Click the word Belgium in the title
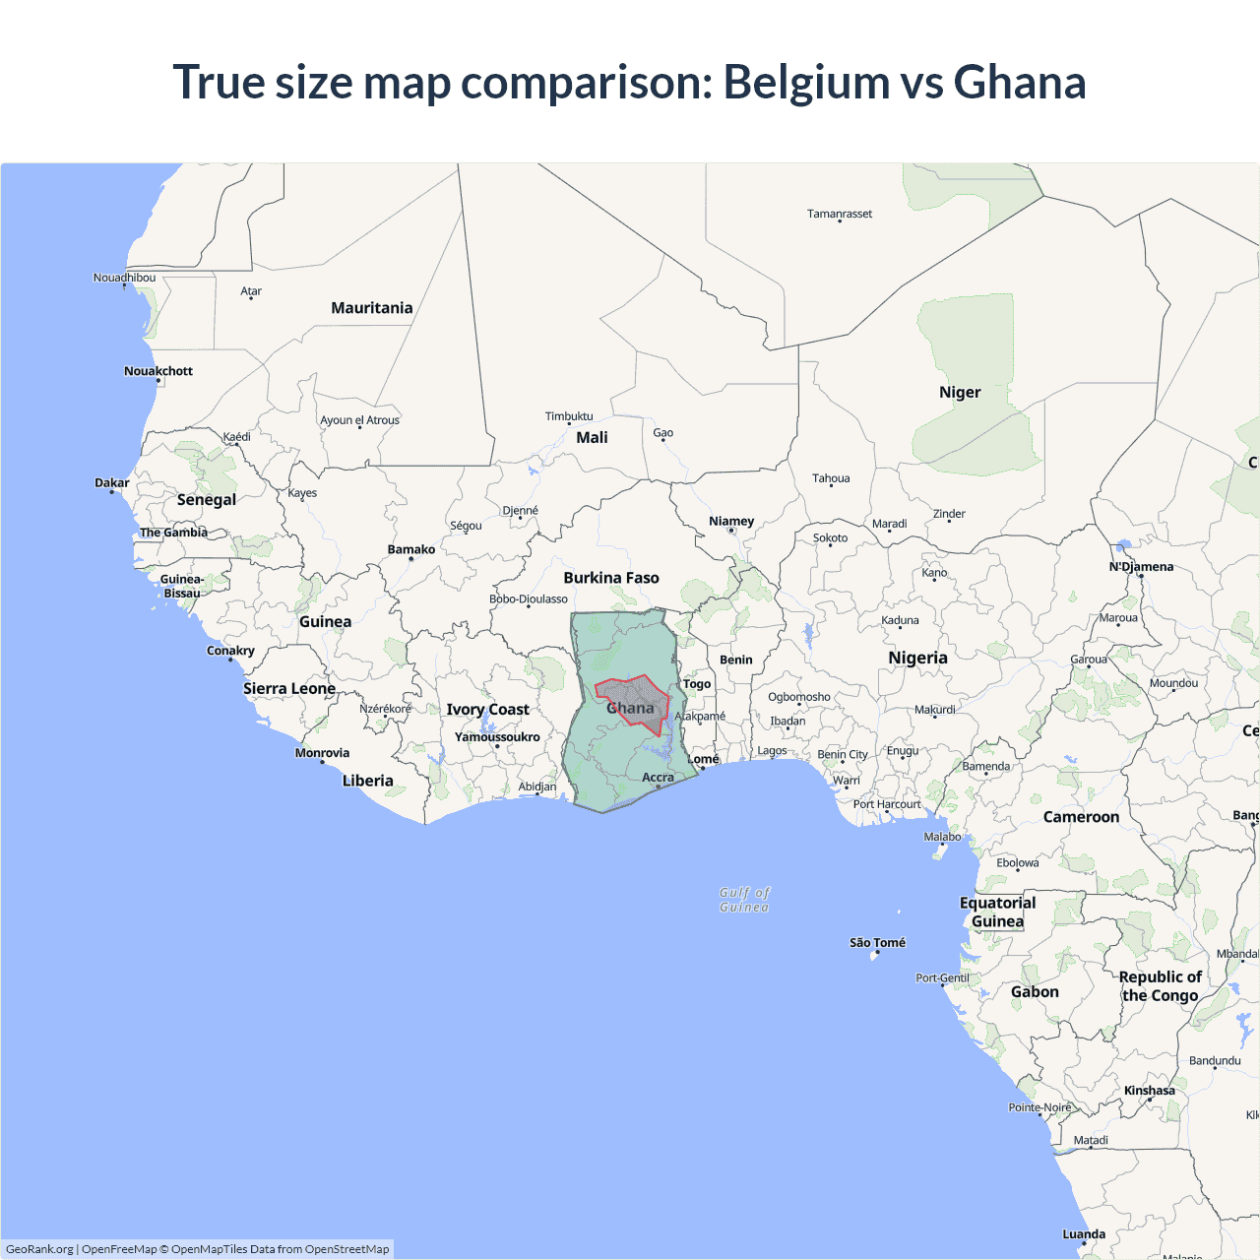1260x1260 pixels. pyautogui.click(x=807, y=82)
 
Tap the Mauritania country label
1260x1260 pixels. pyautogui.click(x=371, y=308)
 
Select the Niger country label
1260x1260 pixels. pyautogui.click(x=960, y=393)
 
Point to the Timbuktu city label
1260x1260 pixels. pyautogui.click(x=569, y=416)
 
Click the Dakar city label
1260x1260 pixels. pyautogui.click(x=112, y=483)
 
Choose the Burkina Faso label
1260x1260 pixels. pyautogui.click(x=611, y=578)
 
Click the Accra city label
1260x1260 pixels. pyautogui.click(x=658, y=778)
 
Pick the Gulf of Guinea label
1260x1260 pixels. pyautogui.click(x=744, y=900)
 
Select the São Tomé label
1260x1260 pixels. pyautogui.click(x=877, y=943)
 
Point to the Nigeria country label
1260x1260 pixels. pyautogui.click(x=917, y=658)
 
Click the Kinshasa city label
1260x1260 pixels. pyautogui.click(x=1149, y=1091)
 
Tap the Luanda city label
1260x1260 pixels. pyautogui.click(x=1084, y=1234)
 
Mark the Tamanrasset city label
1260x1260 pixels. pyautogui.click(x=840, y=214)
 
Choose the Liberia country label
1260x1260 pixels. pyautogui.click(x=367, y=781)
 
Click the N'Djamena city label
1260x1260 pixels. pyautogui.click(x=1141, y=567)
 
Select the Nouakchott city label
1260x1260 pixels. pyautogui.click(x=158, y=371)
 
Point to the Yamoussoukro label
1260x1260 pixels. pyautogui.click(x=497, y=737)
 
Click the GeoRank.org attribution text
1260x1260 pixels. pyautogui.click(x=39, y=1249)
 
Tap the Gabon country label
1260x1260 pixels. pyautogui.click(x=1035, y=992)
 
